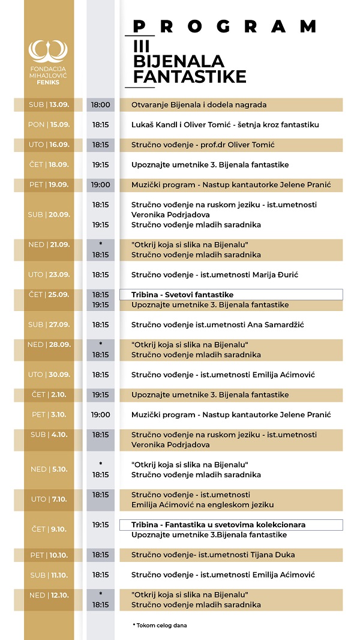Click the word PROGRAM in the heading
point(224,26)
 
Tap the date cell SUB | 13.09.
point(49,105)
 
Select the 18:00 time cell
point(100,105)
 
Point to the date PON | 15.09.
point(49,125)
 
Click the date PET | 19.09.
point(49,185)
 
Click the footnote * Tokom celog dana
point(160,626)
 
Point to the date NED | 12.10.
point(49,595)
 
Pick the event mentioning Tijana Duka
point(213,555)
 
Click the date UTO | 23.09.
point(49,275)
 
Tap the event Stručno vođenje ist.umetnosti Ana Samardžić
point(218,325)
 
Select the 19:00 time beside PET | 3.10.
point(100,415)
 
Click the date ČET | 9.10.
point(49,530)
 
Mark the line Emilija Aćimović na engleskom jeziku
point(202,505)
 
